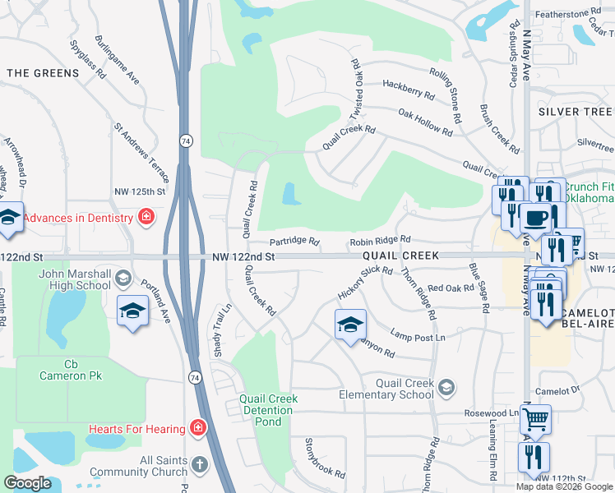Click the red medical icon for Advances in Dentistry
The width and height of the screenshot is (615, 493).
pyautogui.click(x=146, y=217)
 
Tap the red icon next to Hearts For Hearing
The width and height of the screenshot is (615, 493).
pyautogui.click(x=197, y=427)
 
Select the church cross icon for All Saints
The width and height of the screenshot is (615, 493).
pyautogui.click(x=198, y=466)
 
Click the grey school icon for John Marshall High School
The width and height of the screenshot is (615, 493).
pyautogui.click(x=123, y=276)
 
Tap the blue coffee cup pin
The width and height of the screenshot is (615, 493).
pyautogui.click(x=536, y=219)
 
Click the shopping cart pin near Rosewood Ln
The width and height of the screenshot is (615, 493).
pyautogui.click(x=535, y=420)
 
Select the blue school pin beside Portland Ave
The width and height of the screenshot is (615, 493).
pyautogui.click(x=132, y=311)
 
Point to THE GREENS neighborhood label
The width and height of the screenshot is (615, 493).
pyautogui.click(x=43, y=73)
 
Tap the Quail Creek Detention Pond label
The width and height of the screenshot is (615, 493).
pyautogui.click(x=268, y=410)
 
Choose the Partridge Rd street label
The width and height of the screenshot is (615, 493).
pyautogui.click(x=294, y=242)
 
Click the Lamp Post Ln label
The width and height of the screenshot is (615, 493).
pyautogui.click(x=418, y=337)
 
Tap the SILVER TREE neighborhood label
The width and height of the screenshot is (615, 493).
pyautogui.click(x=575, y=111)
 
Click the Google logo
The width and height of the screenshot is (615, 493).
pyautogui.click(x=28, y=483)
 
